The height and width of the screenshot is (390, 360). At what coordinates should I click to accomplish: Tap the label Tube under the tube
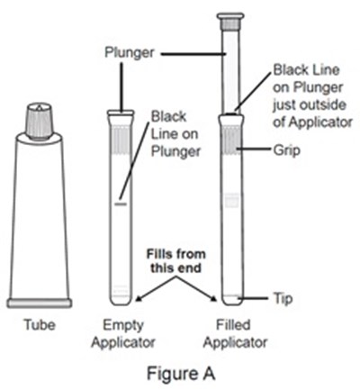coord(40,325)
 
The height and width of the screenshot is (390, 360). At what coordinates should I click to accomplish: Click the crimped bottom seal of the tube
coord(40,303)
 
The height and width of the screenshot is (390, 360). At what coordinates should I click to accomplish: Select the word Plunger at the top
coord(130,53)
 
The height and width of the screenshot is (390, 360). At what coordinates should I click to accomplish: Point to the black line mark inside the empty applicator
coord(121,204)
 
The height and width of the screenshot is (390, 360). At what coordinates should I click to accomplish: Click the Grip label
coord(286,150)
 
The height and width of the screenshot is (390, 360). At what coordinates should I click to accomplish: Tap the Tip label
coord(283,299)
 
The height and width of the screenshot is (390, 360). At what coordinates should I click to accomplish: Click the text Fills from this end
coord(175,260)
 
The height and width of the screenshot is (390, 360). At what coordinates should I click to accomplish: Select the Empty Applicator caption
coord(123,333)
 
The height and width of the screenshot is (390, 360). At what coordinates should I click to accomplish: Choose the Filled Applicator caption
coord(235,333)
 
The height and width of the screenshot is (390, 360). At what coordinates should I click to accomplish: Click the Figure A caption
coord(181,374)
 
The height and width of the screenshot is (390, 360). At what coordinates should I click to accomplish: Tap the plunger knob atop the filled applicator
coord(230,21)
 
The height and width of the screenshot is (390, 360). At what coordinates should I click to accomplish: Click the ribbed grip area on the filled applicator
coord(231,141)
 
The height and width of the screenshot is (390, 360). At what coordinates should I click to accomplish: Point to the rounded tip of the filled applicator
coord(232,300)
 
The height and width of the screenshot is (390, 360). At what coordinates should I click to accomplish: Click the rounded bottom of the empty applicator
coord(121,299)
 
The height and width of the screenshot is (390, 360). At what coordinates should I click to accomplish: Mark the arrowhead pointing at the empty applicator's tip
coord(139,298)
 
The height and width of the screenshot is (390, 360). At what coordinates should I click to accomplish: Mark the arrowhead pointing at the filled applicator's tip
coord(213,298)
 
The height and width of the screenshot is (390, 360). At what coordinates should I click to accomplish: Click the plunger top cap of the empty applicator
coord(121,113)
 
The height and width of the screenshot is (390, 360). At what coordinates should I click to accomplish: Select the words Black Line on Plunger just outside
coord(309,87)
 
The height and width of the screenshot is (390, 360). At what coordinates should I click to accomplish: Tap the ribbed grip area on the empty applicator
coord(121,141)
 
